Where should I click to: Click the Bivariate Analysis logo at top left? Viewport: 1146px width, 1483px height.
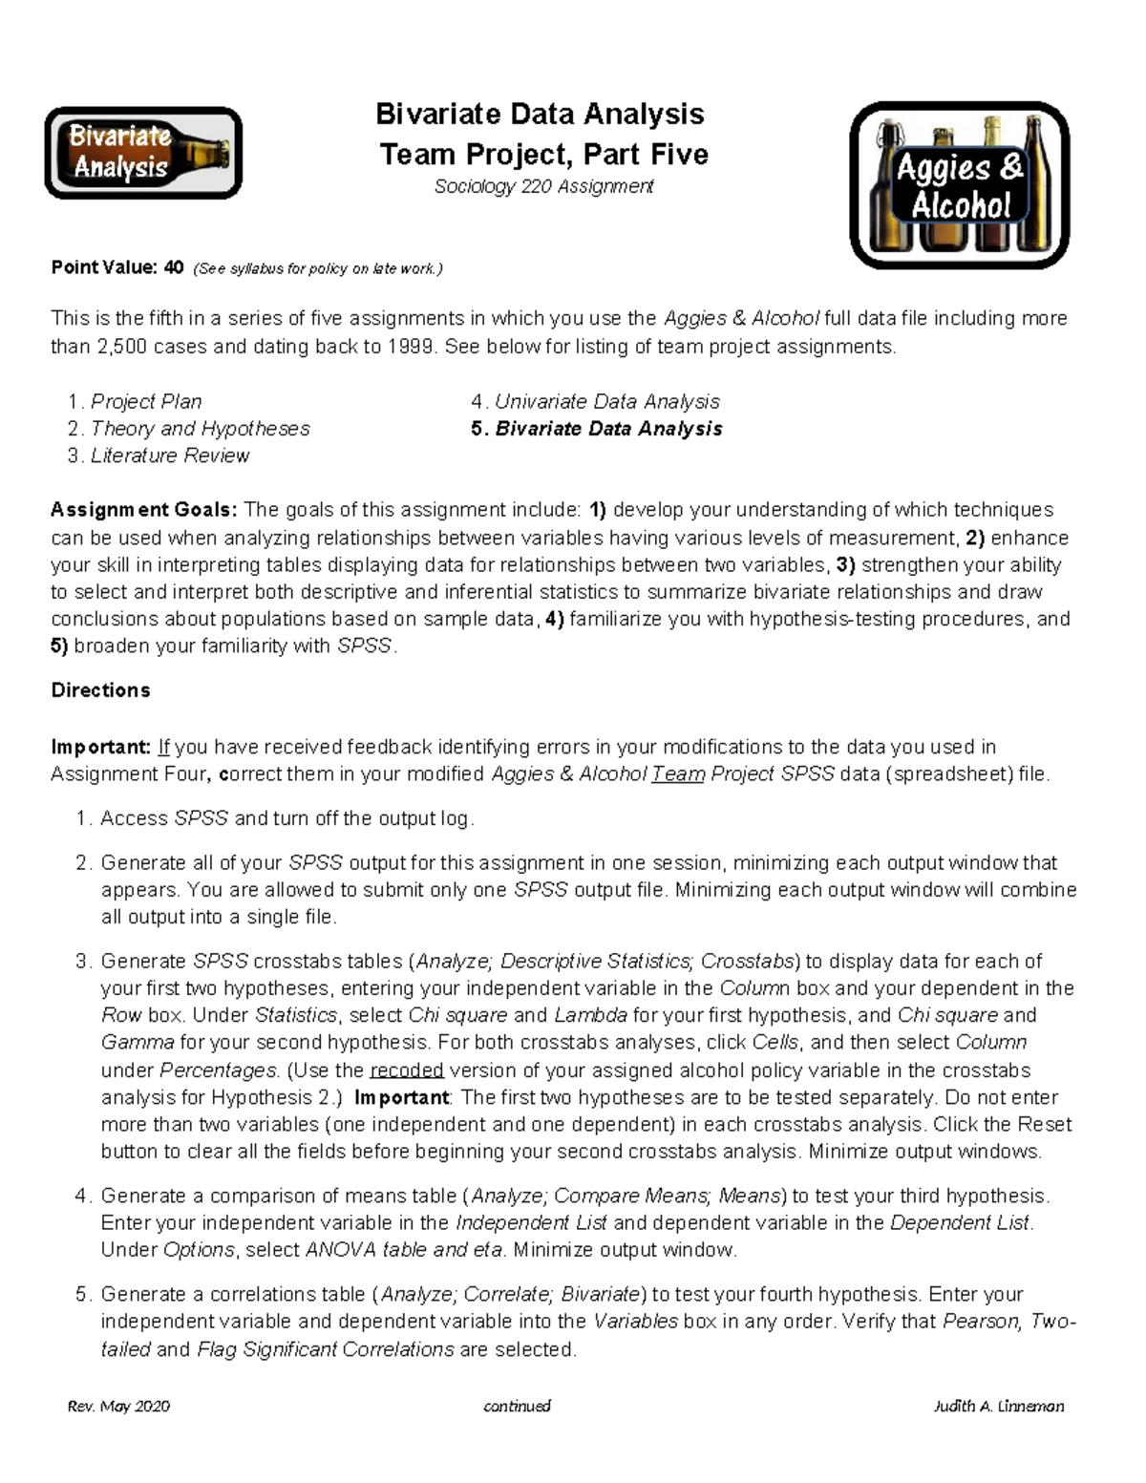tap(143, 153)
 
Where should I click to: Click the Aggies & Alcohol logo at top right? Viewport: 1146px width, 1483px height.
tap(959, 185)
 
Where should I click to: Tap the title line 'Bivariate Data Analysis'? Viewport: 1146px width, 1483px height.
tap(540, 114)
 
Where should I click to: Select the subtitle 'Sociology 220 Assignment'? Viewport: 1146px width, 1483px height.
tap(543, 186)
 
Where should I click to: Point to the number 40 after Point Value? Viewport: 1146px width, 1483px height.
tap(173, 267)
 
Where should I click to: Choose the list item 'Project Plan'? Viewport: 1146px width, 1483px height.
tap(146, 401)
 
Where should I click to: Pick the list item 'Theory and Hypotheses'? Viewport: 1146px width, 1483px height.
tap(200, 429)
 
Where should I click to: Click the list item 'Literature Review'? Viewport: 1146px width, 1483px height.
tap(169, 455)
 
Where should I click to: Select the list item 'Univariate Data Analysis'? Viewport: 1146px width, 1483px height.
tap(606, 401)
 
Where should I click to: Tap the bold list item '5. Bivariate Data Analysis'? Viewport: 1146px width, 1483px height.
tap(597, 429)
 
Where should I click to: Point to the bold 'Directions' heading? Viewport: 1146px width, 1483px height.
tap(100, 690)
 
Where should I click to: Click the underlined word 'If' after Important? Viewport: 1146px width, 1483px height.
tap(163, 747)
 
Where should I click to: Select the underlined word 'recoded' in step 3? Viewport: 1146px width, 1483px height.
tap(406, 1070)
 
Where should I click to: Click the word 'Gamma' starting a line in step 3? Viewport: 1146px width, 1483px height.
tap(138, 1042)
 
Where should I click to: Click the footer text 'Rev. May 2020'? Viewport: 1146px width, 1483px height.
tap(118, 1406)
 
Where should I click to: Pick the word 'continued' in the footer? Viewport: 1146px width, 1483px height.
tap(517, 1406)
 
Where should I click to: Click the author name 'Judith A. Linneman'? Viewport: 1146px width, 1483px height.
tap(998, 1406)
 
